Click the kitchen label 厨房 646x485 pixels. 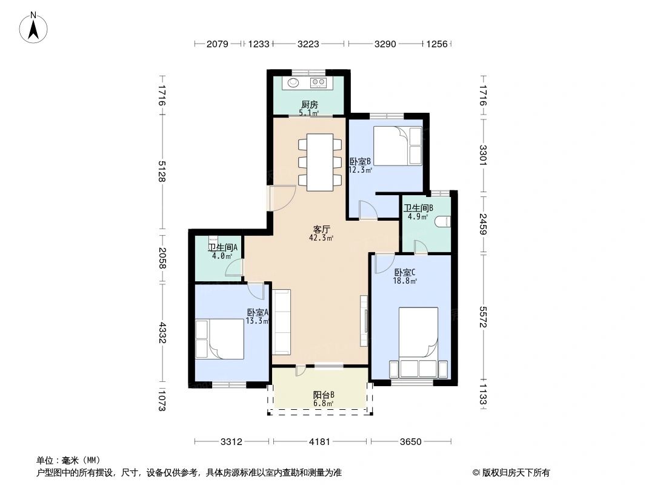point(310,105)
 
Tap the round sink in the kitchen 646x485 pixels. point(293,82)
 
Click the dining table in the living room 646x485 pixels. point(320,162)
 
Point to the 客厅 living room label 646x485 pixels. point(321,230)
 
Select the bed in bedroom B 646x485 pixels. point(398,146)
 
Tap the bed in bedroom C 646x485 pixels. point(418,342)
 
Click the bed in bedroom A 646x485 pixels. point(219,339)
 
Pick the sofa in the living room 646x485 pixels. point(282,322)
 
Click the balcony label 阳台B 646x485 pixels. point(324,395)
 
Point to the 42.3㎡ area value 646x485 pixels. point(321,238)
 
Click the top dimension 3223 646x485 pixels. point(308,44)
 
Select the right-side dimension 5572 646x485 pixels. point(483,316)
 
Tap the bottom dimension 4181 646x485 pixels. point(320,442)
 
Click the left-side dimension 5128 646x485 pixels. point(162,171)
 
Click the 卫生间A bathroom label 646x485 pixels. point(222,247)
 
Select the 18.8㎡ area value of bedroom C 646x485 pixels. point(405,281)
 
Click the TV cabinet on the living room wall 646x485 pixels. point(364,321)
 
